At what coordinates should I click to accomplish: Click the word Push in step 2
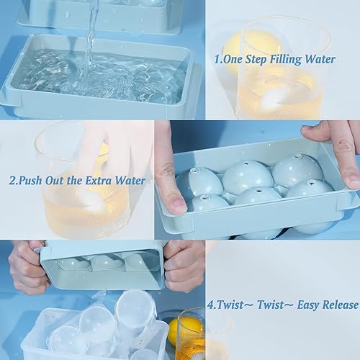(34, 181)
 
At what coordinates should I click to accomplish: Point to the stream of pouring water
(91, 36)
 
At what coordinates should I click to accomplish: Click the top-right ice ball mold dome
(297, 168)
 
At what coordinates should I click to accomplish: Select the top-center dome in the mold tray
(246, 176)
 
